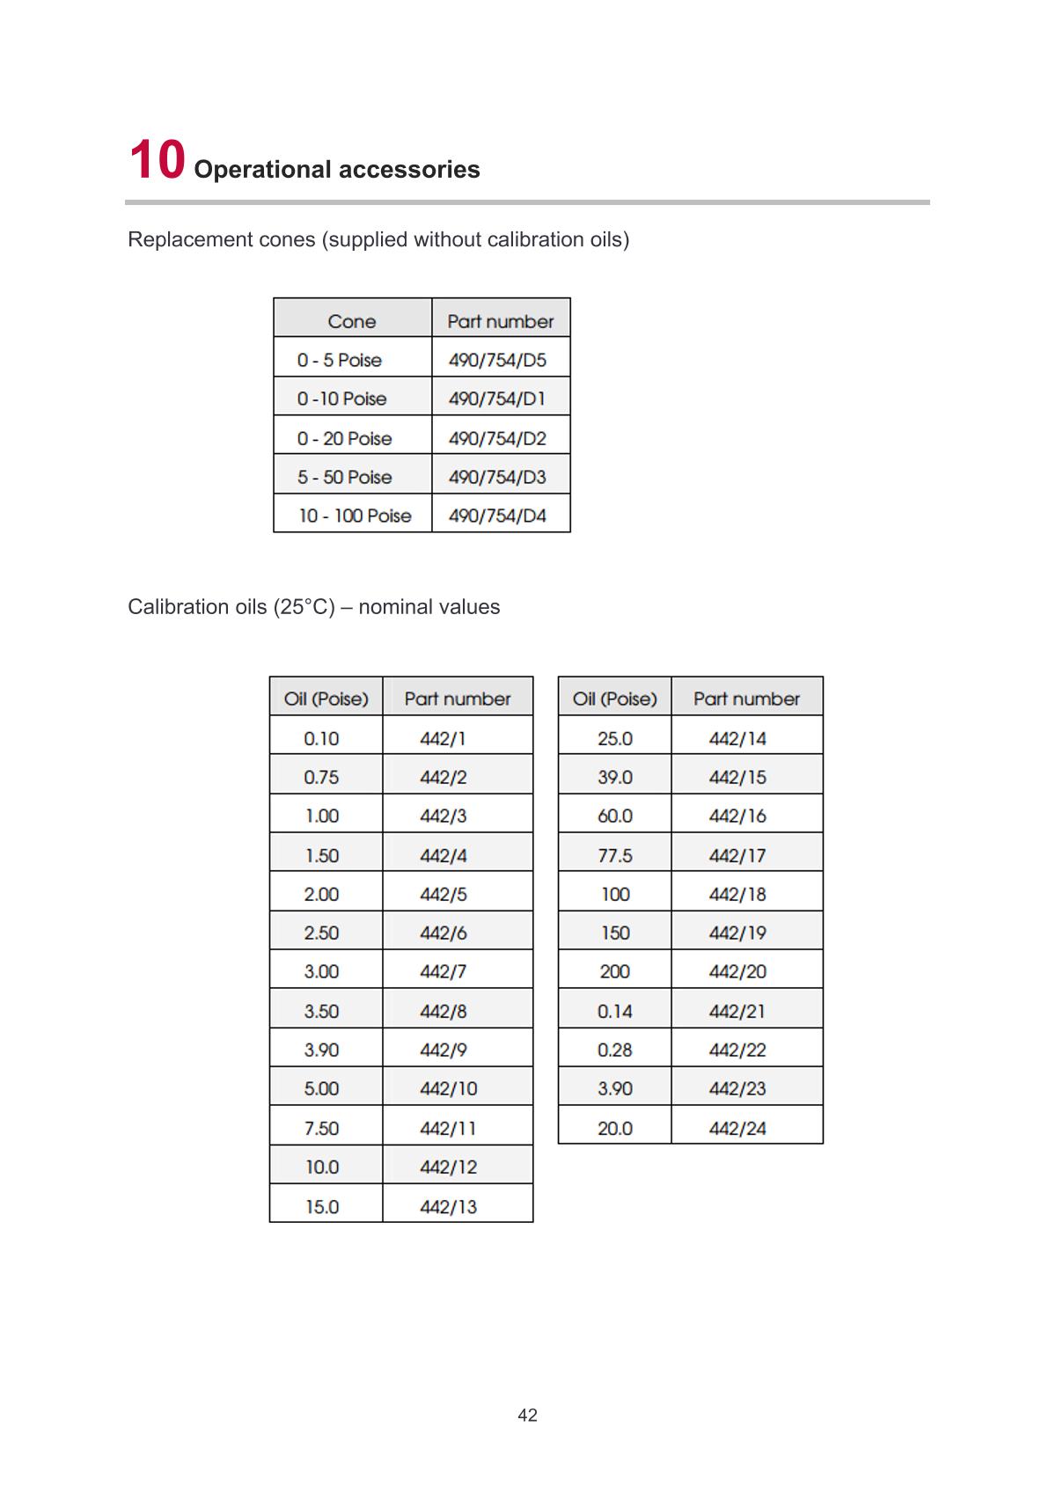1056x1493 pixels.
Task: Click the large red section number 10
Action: click(x=158, y=161)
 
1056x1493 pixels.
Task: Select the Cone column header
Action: click(x=352, y=321)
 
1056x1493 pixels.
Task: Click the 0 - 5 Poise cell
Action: click(x=340, y=360)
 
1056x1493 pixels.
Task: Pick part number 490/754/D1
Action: click(x=497, y=399)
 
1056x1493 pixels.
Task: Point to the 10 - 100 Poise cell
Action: click(x=355, y=516)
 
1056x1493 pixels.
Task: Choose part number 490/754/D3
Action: click(x=497, y=477)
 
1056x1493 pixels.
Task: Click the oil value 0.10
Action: click(x=321, y=738)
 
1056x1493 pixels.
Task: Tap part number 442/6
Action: click(x=444, y=933)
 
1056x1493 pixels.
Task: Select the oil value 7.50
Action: click(x=321, y=1128)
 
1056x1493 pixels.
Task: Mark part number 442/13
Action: click(x=449, y=1206)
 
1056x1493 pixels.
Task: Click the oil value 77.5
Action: click(x=615, y=855)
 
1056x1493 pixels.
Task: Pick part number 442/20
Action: click(x=737, y=971)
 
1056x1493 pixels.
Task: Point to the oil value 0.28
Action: click(x=615, y=1050)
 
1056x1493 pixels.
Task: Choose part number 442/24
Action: click(x=737, y=1128)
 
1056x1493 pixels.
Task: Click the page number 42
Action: click(x=528, y=1416)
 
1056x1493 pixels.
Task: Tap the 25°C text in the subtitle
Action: click(x=304, y=607)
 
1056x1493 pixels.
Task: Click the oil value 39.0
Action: click(x=615, y=777)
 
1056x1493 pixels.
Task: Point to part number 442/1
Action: click(x=444, y=738)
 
